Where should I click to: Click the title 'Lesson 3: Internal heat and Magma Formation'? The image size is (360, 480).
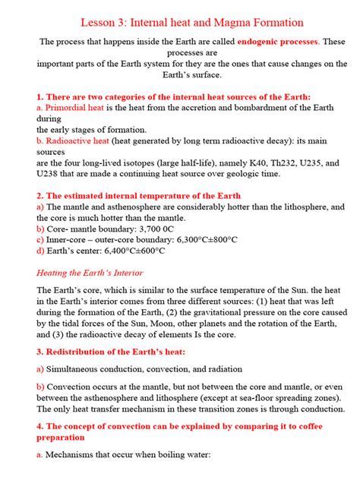pyautogui.click(x=180, y=24)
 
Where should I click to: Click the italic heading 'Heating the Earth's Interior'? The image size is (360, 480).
pyautogui.click(x=90, y=273)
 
